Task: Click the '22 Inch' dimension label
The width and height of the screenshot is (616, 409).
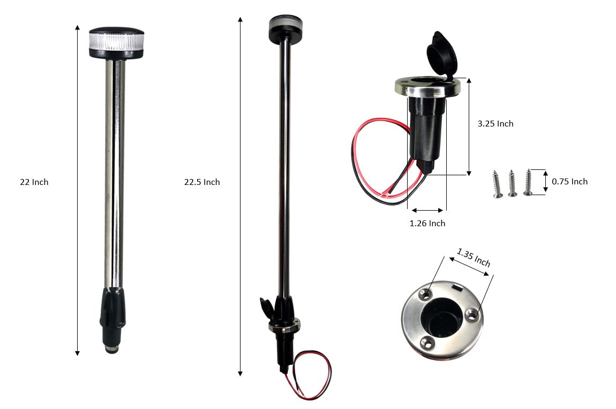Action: coord(34,182)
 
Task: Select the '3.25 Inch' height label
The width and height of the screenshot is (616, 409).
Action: coord(495,124)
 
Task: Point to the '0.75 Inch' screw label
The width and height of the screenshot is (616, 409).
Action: coord(569,182)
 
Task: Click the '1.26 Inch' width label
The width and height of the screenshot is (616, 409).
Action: coord(427,224)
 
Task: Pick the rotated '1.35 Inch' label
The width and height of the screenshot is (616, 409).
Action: coord(474,257)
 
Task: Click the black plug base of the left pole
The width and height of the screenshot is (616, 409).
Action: coord(112,314)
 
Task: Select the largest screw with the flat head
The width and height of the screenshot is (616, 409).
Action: coord(529,183)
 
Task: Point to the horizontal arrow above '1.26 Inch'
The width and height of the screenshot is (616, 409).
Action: coord(426,210)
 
